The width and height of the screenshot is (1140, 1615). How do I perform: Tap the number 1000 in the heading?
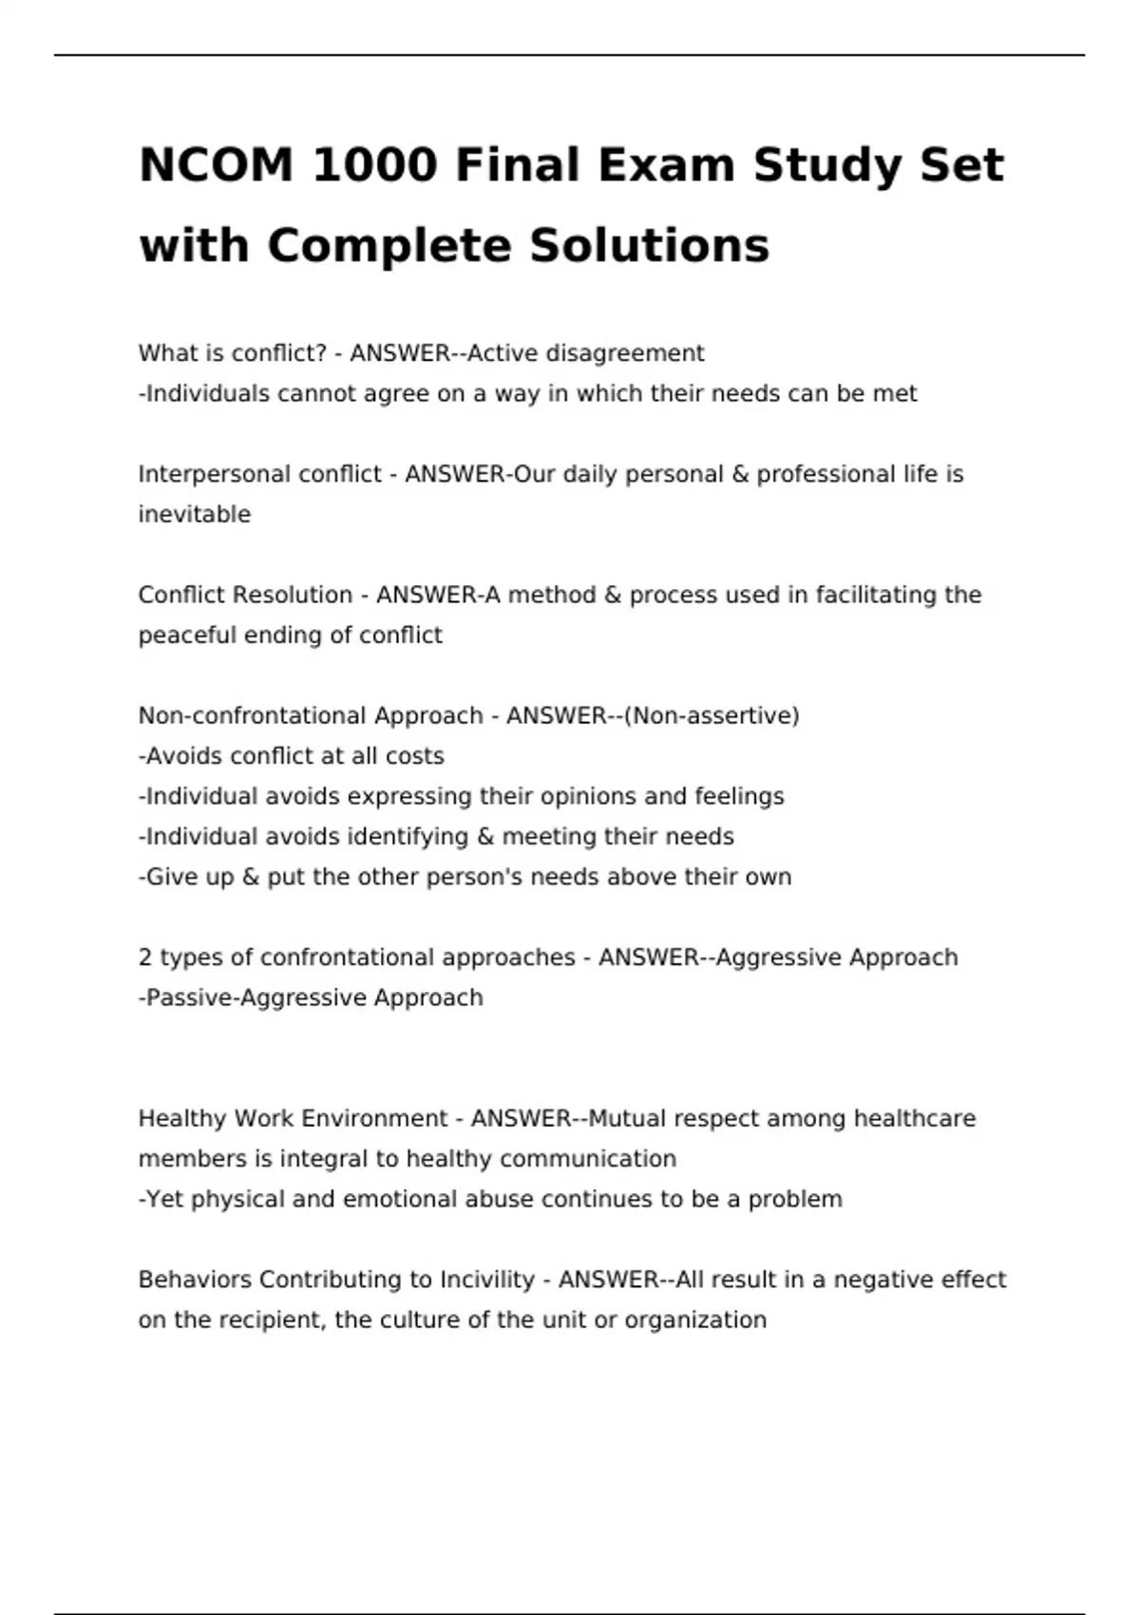[374, 165]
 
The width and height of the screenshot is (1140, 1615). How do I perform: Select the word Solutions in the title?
[649, 245]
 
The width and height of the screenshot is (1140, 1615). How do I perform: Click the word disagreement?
[624, 353]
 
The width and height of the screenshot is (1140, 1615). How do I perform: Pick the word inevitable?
[195, 514]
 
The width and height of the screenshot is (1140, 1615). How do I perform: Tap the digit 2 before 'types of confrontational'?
[145, 958]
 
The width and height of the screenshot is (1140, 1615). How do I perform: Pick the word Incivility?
[487, 1280]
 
